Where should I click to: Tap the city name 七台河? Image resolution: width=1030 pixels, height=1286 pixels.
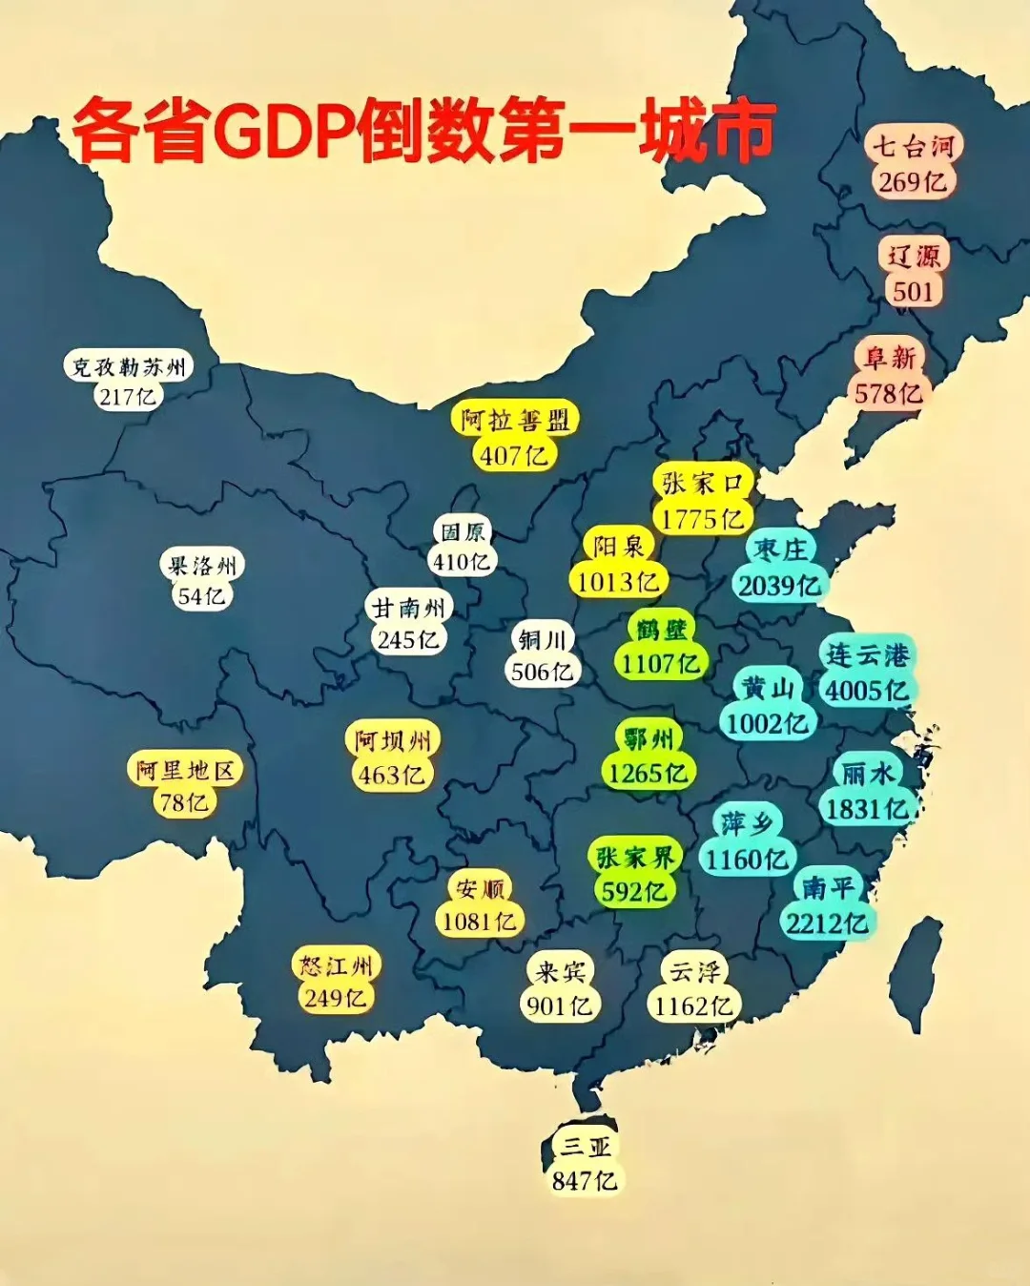[913, 146]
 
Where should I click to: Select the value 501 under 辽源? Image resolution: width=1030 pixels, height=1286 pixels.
[913, 291]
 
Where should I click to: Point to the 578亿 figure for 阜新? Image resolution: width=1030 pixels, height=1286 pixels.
[888, 393]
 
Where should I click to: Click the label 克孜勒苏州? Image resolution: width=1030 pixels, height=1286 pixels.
[129, 366]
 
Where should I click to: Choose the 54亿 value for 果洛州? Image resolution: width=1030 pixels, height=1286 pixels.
[201, 596]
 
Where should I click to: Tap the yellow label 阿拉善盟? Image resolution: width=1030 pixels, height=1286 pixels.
[515, 420]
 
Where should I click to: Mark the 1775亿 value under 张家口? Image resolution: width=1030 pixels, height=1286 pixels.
[702, 519]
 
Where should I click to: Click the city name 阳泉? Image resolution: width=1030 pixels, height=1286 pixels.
[619, 546]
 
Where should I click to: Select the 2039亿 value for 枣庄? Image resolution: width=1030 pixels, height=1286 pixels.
[779, 586]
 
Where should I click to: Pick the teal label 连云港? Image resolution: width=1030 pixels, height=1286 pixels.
[867, 654]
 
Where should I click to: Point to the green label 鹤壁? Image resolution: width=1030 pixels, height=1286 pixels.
[661, 629]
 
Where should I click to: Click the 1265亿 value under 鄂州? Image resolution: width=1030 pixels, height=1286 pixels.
[648, 773]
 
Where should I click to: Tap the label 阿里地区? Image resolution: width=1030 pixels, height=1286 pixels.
[184, 770]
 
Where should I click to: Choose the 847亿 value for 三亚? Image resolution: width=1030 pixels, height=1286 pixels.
[585, 1181]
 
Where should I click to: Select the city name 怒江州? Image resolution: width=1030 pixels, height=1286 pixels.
[336, 965]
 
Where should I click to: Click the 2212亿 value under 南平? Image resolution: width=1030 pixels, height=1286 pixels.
[827, 923]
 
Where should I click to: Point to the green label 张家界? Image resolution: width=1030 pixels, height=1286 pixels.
[634, 857]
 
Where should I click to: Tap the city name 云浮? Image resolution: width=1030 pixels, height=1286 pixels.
[695, 971]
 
